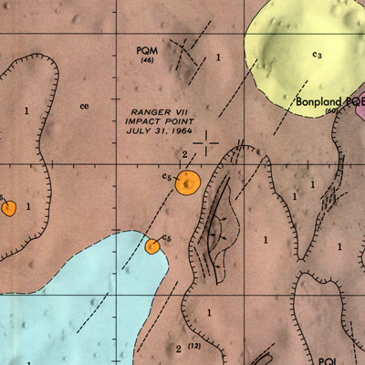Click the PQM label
pyautogui.click(x=145, y=51)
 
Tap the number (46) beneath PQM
pyautogui.click(x=145, y=61)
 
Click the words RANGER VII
pyautogui.click(x=156, y=109)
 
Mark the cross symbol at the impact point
pyautogui.click(x=207, y=141)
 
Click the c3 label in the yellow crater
pyautogui.click(x=317, y=56)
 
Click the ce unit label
pyautogui.click(x=84, y=106)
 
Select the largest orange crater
pyautogui.click(x=188, y=182)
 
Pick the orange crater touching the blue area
pyautogui.click(x=152, y=246)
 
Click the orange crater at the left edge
pyautogui.click(x=8, y=208)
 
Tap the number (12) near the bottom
pyautogui.click(x=193, y=347)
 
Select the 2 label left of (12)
pyautogui.click(x=177, y=348)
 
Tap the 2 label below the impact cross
pyautogui.click(x=184, y=154)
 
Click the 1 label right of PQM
pyautogui.click(x=218, y=58)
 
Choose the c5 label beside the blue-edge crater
pyautogui.click(x=165, y=238)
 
